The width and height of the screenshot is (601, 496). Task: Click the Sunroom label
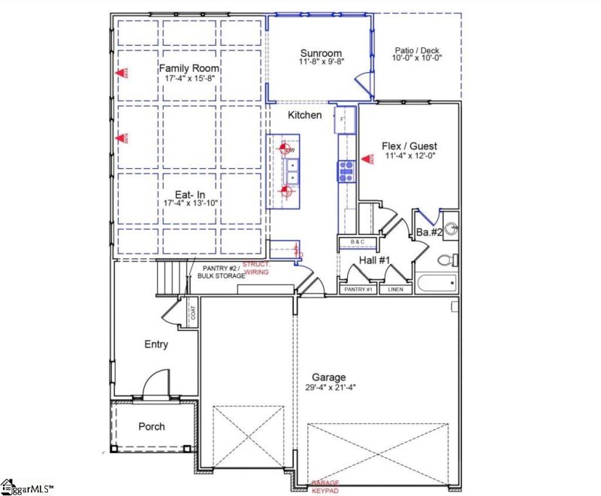click(x=322, y=53)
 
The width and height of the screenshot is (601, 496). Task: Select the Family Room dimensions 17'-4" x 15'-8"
click(x=189, y=77)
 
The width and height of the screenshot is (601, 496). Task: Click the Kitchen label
click(x=305, y=115)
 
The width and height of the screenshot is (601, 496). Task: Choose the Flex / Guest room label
click(x=409, y=146)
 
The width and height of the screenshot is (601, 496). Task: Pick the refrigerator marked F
click(x=343, y=119)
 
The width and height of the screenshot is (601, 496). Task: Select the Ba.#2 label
click(x=429, y=233)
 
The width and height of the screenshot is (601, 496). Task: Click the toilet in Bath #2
click(x=445, y=260)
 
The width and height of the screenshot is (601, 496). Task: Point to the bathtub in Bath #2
click(x=435, y=284)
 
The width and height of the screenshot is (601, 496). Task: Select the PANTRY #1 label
click(x=358, y=290)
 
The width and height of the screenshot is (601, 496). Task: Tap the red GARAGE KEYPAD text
click(x=326, y=486)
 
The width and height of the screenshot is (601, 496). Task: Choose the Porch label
click(x=152, y=426)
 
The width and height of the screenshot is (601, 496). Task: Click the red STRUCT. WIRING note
click(x=256, y=269)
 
